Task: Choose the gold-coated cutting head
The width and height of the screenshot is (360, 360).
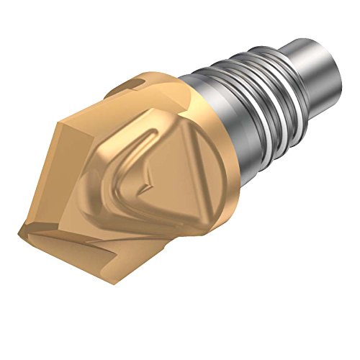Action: point(130,173)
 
